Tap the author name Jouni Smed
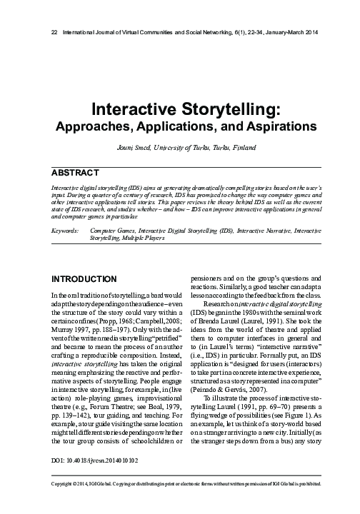pos(136,148)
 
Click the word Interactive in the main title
pos(129,109)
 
